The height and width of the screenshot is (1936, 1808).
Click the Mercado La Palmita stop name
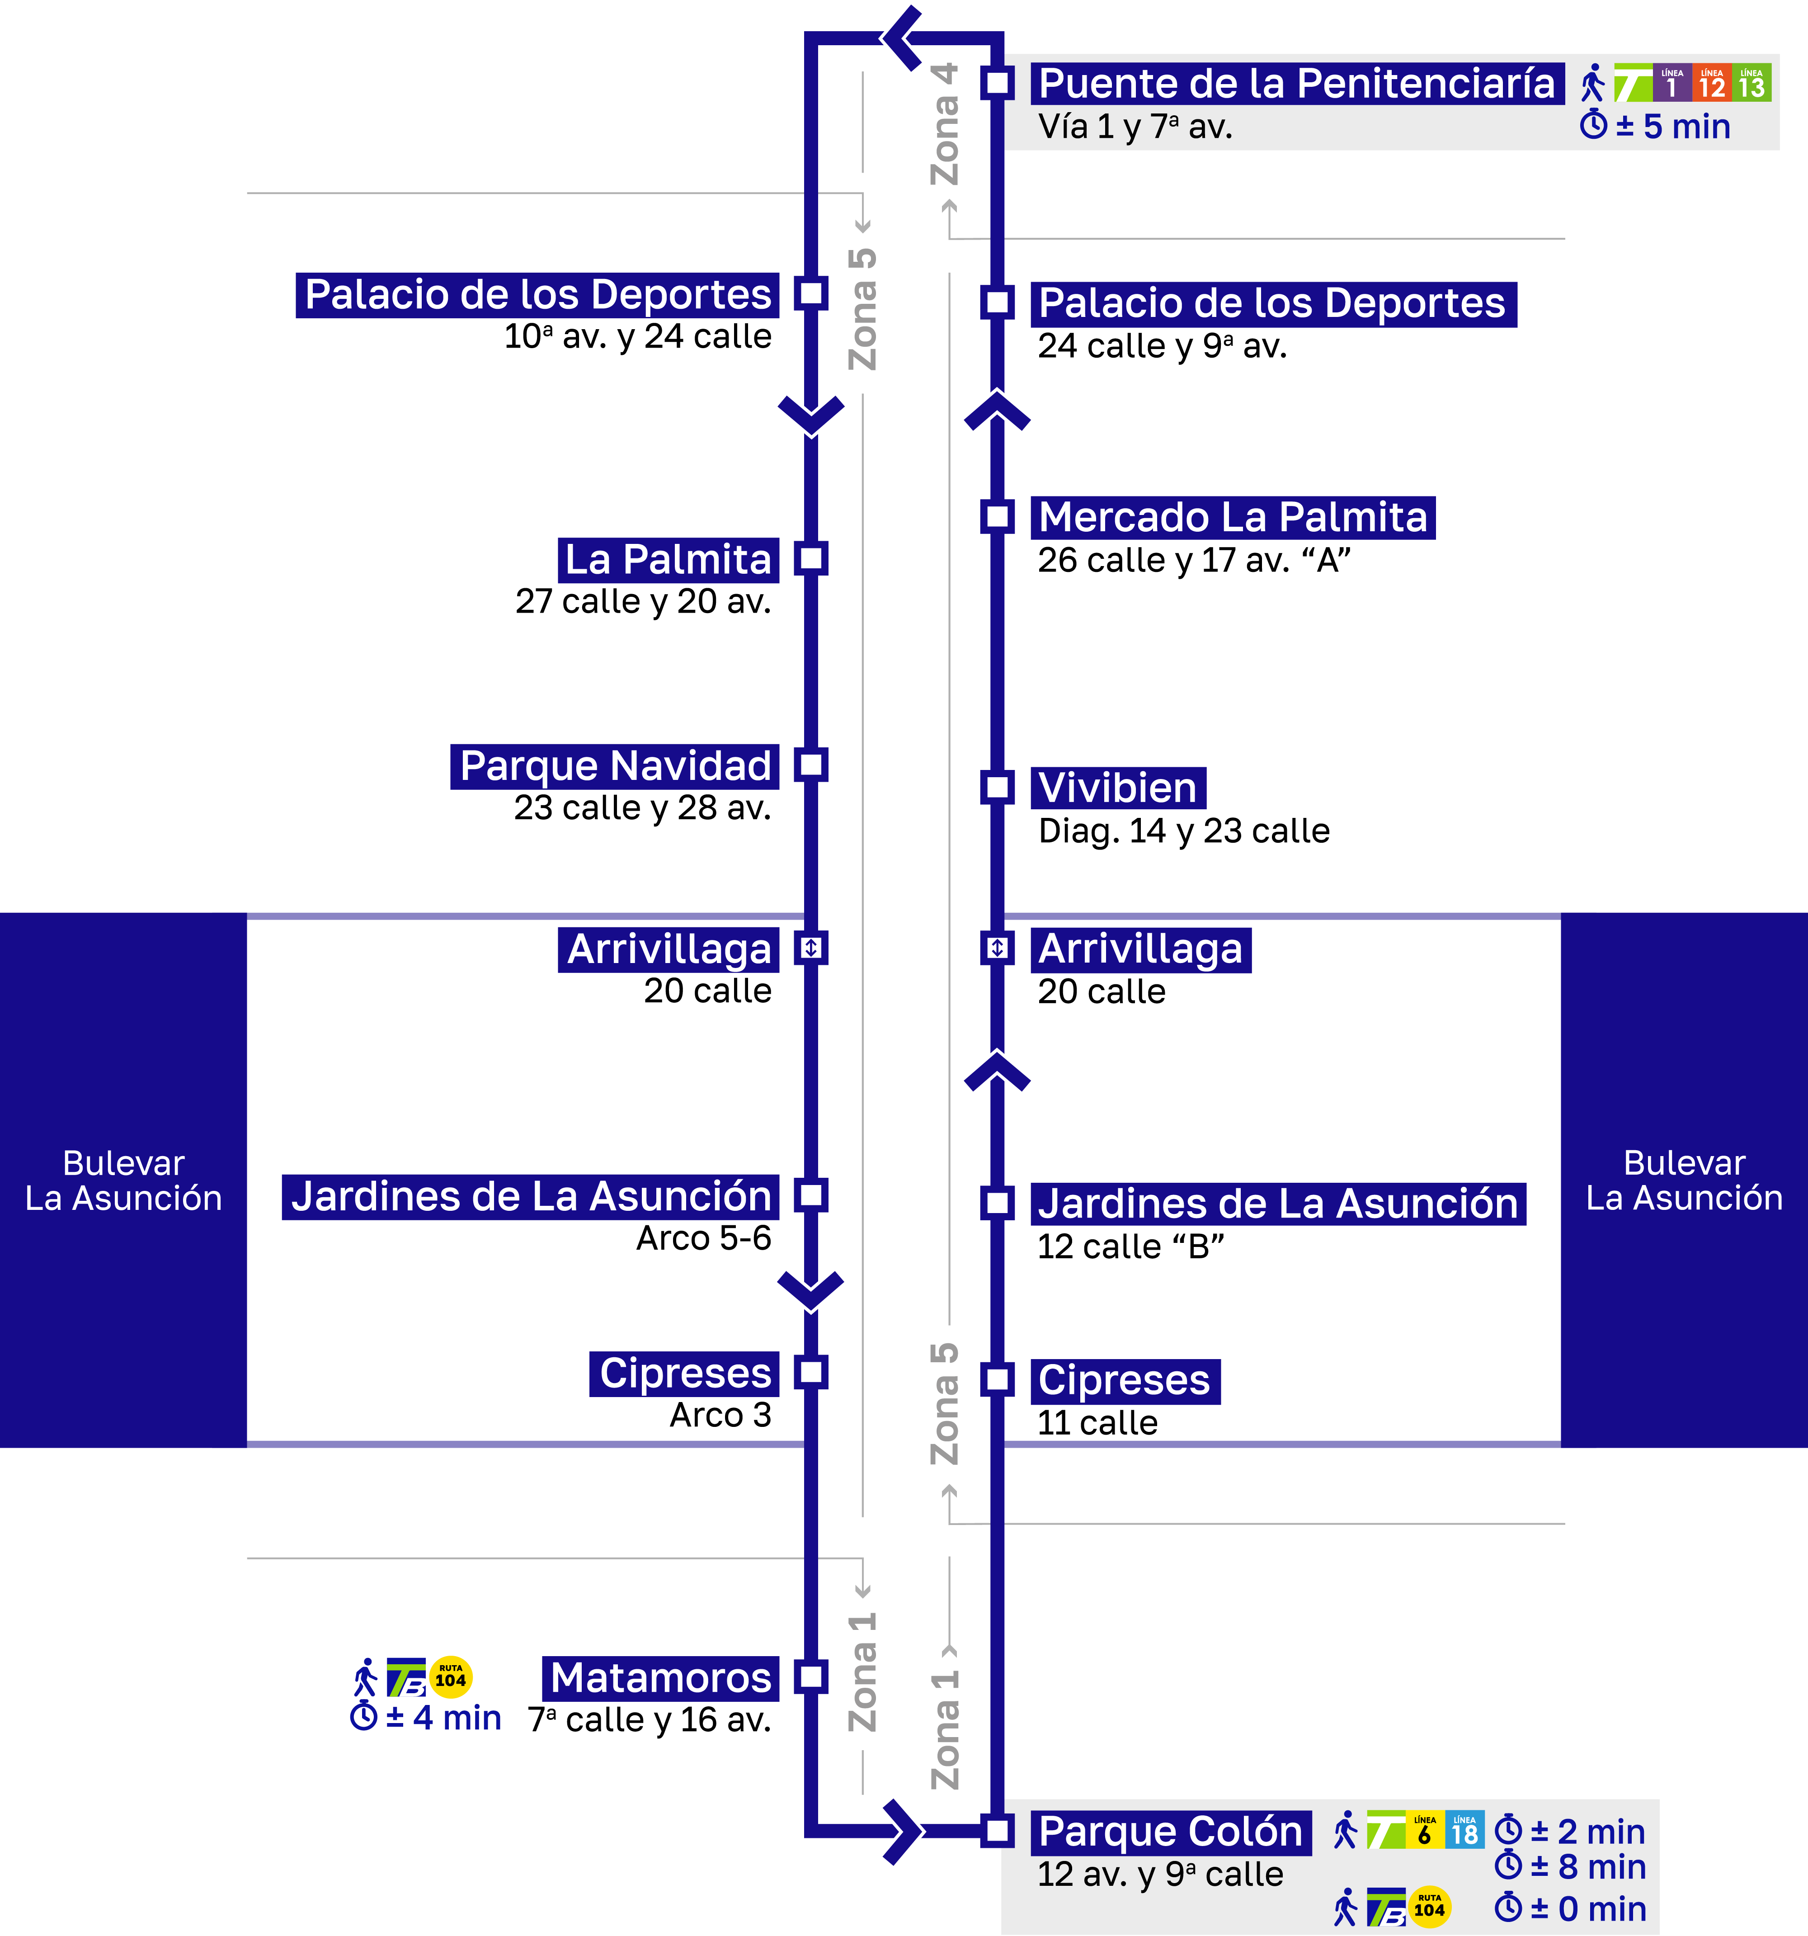[1233, 517]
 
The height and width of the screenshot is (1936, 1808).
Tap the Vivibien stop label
[1118, 788]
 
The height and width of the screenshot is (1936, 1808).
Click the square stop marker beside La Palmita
[811, 559]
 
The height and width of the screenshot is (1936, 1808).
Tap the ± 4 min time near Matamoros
[426, 1718]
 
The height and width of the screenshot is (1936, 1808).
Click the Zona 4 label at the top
[944, 125]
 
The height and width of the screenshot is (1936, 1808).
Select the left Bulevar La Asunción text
[124, 1180]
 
